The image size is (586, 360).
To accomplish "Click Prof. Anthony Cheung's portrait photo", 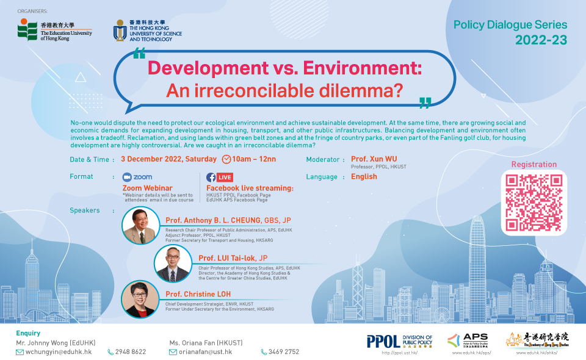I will point(141,226).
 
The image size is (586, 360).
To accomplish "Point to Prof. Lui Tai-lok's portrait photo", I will point(174,264).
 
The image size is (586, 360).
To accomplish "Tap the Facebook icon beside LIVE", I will point(211,177).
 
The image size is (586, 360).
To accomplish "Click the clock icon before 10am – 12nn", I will point(226,159).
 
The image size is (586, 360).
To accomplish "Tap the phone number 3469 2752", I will point(284,351).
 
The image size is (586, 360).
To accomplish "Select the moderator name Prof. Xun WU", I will point(374,159).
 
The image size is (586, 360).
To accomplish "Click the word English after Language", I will point(364,176).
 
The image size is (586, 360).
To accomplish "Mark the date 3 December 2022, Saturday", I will point(168,159).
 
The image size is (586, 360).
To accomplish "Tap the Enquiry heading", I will point(28,333).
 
